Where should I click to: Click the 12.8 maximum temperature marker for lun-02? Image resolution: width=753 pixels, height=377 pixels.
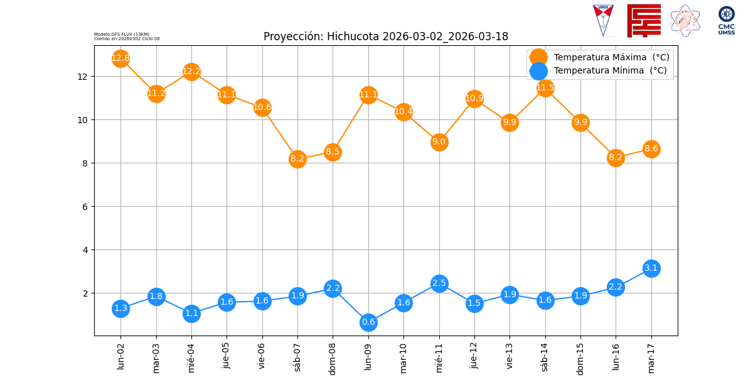[x=120, y=58]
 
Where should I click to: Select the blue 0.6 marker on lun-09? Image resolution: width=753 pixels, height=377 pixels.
[x=368, y=322]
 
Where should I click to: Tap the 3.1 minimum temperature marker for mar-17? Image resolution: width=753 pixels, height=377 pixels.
[x=651, y=268]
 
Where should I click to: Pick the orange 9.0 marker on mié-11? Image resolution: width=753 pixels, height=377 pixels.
[x=439, y=142]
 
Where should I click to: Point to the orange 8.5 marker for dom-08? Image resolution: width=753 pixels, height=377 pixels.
[x=333, y=152]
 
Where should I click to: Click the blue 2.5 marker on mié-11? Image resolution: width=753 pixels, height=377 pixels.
[x=439, y=283]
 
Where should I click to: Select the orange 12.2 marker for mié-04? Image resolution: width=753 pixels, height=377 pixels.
[x=191, y=72]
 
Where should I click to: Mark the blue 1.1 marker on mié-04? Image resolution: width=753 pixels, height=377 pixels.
[x=191, y=314]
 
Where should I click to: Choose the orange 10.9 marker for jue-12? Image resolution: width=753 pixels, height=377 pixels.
[x=474, y=99]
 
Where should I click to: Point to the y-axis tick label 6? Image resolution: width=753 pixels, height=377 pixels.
[x=85, y=207]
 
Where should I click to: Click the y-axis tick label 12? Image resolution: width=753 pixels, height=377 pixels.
[x=82, y=77]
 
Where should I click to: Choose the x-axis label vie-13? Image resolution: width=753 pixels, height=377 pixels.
[x=510, y=355]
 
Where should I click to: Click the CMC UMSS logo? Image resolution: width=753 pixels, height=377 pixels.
[x=727, y=20]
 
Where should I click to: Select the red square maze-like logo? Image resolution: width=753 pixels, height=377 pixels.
[x=644, y=20]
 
